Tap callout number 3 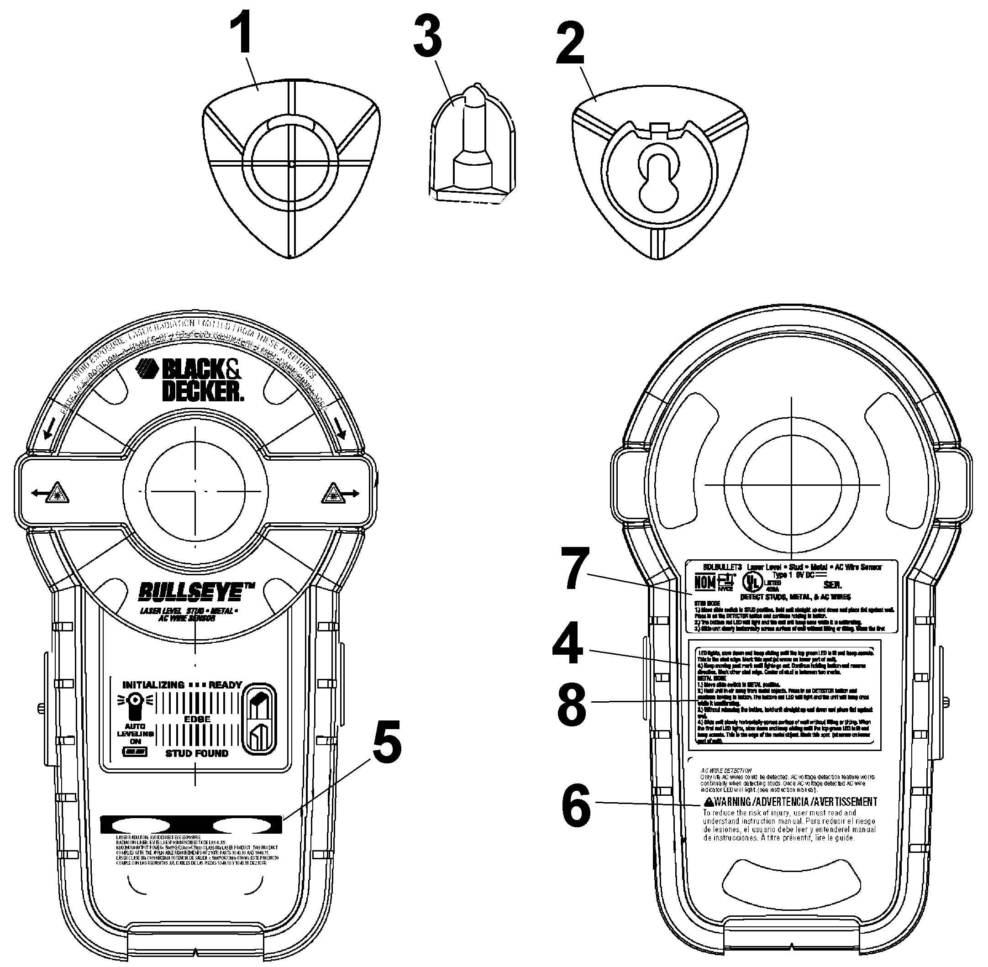click(427, 36)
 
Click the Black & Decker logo click(190, 379)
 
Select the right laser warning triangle click(333, 492)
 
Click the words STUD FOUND click(197, 753)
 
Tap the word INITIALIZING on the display click(153, 685)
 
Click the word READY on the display click(225, 685)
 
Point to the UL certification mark click(752, 579)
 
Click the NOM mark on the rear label click(704, 582)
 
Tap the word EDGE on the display click(197, 719)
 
